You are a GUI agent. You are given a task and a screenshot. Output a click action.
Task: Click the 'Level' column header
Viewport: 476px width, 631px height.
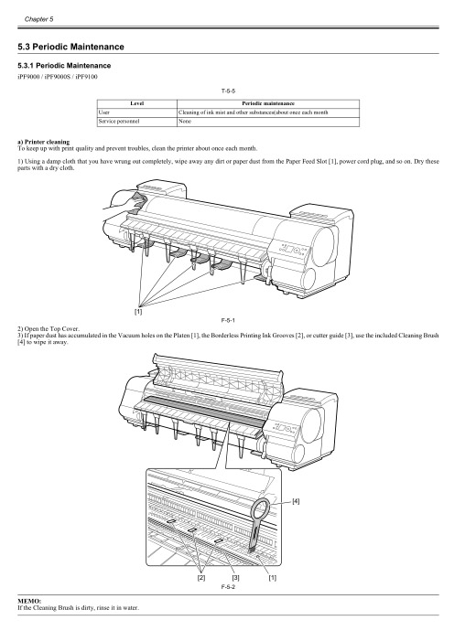coord(137,104)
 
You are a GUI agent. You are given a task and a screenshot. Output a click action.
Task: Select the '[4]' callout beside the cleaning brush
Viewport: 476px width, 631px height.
coord(297,501)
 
